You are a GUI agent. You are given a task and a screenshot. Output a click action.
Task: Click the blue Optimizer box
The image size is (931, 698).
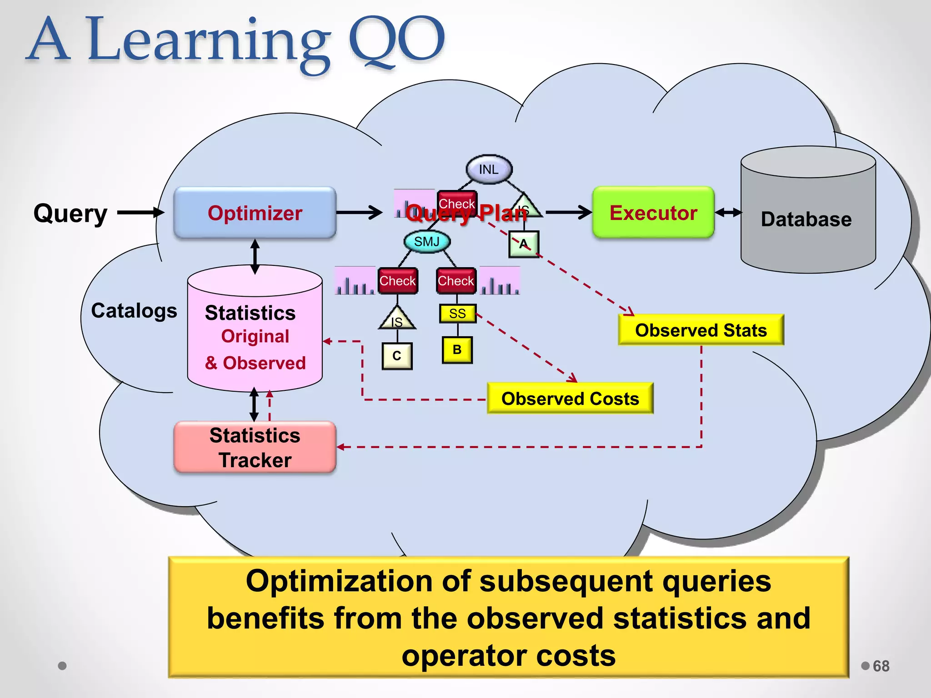pos(255,213)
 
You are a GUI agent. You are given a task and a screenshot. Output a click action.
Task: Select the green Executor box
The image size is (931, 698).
pos(653,213)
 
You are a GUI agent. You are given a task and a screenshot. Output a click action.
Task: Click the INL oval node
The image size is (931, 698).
pos(489,170)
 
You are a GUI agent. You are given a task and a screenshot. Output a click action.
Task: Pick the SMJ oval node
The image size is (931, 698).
pos(426,241)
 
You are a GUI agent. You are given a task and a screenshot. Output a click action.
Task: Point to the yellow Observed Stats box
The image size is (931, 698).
pos(701,330)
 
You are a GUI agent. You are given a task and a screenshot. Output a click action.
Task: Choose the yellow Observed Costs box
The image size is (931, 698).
pos(570,399)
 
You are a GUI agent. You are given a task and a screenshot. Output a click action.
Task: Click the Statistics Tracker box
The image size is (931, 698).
pos(255,447)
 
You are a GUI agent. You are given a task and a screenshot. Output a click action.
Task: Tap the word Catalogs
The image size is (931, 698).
pos(134,311)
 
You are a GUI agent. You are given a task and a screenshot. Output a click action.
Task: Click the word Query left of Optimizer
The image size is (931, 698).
pos(70,213)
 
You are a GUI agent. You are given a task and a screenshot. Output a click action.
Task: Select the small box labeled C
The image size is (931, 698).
pos(397,356)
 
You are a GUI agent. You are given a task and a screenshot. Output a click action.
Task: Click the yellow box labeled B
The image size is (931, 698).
pos(457,349)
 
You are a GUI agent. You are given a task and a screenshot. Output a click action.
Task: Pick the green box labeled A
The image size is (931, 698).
pos(524,244)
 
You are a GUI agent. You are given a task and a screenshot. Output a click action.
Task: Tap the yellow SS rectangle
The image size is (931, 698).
pos(457,314)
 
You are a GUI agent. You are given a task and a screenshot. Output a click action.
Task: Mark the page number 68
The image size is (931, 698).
pos(881,666)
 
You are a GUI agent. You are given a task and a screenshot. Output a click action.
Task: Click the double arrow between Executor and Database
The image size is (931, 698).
pos(728,213)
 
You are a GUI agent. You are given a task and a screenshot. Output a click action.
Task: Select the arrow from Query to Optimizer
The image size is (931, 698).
pos(140,212)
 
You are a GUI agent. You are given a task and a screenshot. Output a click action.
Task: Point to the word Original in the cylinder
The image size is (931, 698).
pos(255,336)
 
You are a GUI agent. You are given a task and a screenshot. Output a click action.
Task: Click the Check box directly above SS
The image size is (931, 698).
pos(456,281)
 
